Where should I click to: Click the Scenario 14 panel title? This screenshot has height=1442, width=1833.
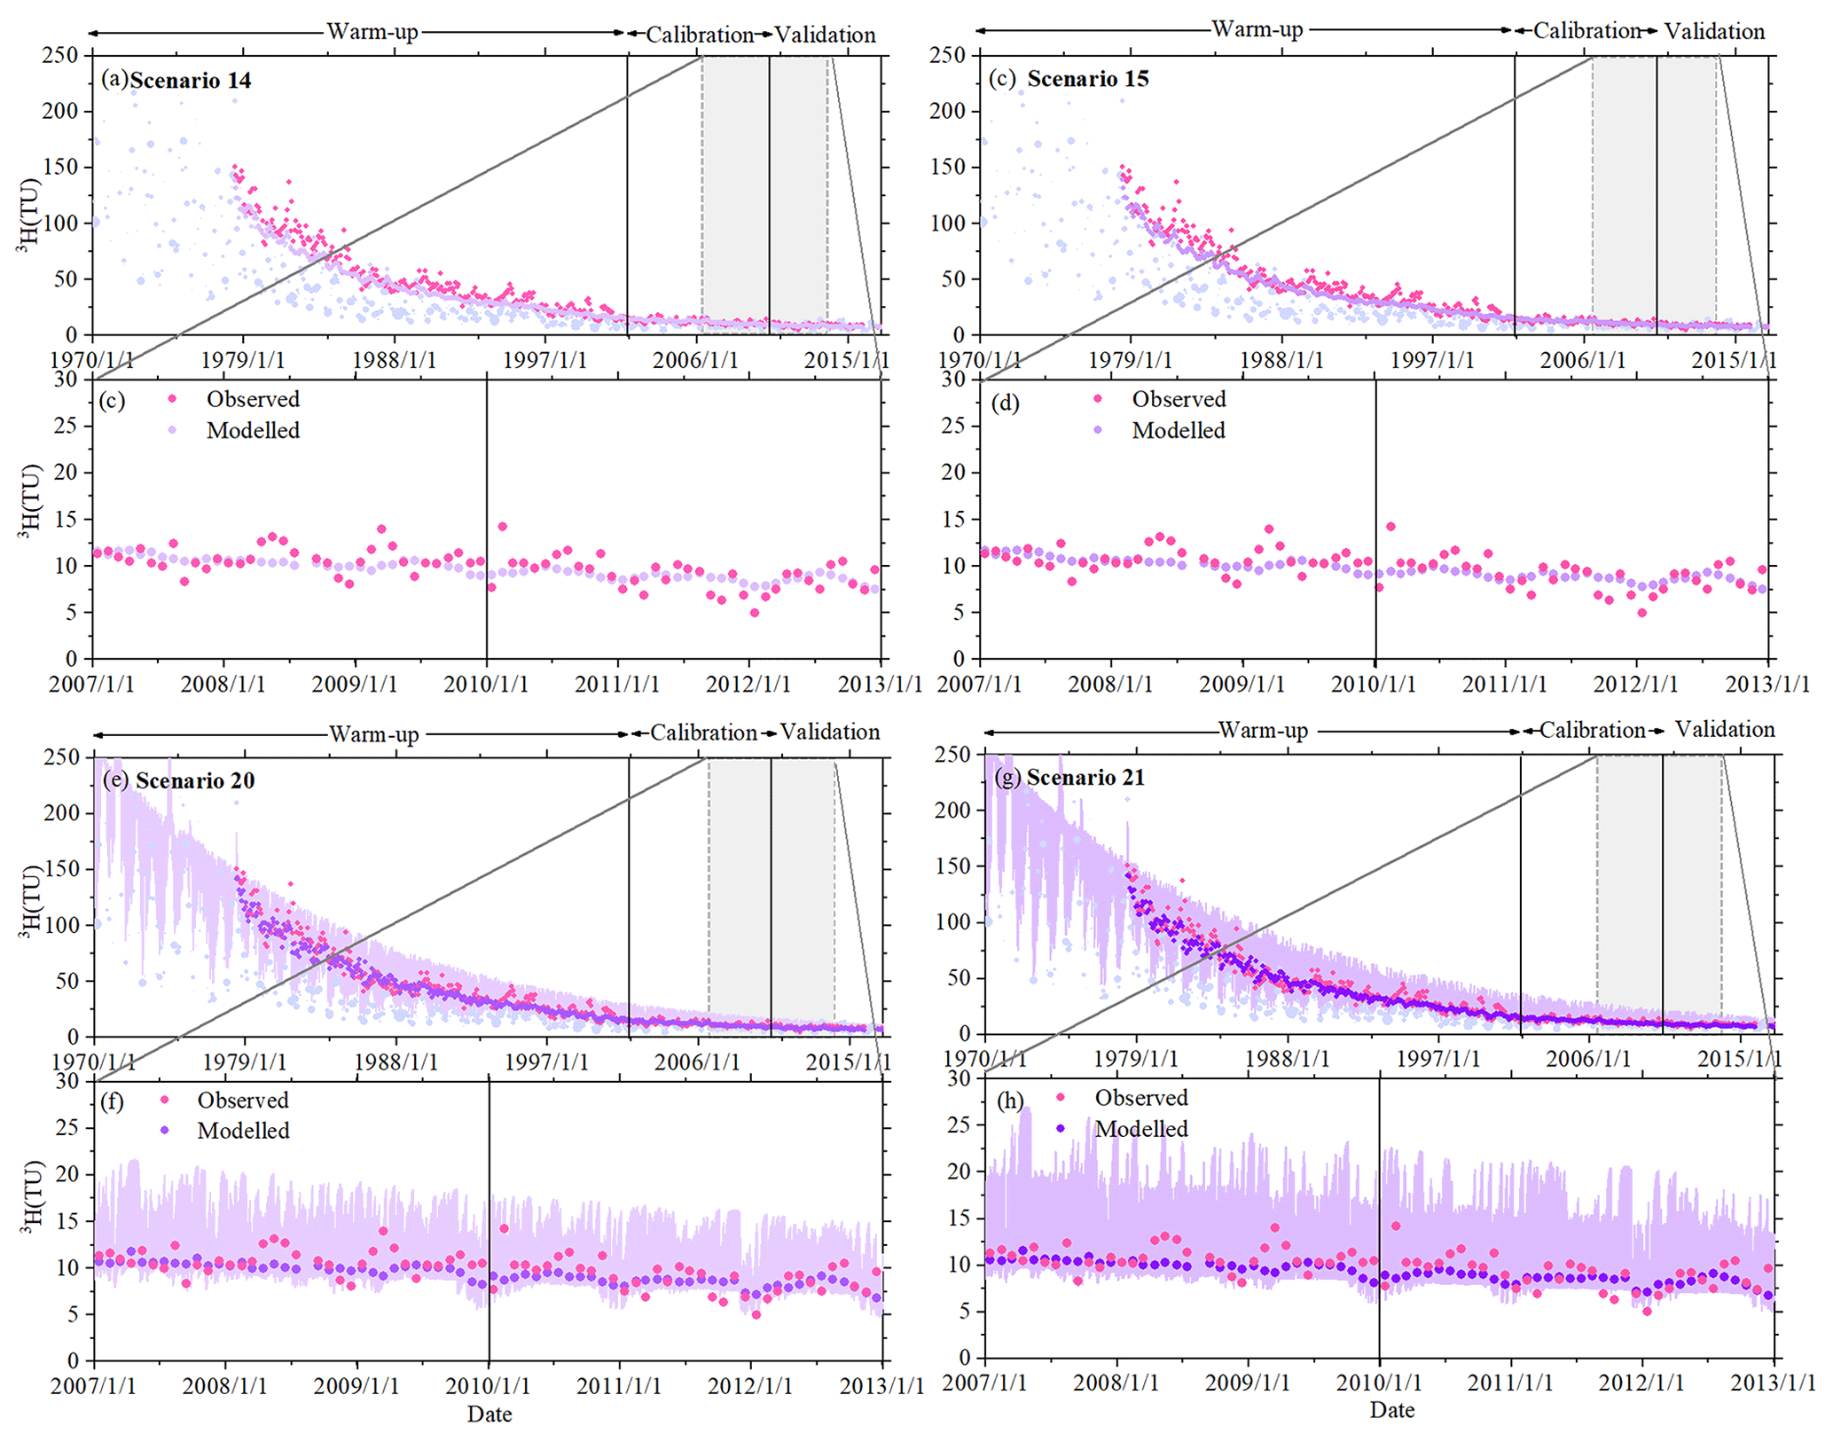(x=190, y=81)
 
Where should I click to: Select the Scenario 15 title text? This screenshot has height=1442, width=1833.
(x=1087, y=79)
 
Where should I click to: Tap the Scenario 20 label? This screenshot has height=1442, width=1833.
(x=194, y=780)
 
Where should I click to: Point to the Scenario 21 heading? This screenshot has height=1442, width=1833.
(x=1085, y=778)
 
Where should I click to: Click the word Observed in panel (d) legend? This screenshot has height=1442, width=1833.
(x=1179, y=399)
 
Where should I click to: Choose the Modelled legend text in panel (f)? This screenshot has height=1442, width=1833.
(x=243, y=1131)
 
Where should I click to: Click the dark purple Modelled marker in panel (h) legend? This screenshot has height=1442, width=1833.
(x=1061, y=1129)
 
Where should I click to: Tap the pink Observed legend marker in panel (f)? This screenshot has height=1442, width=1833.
(x=164, y=1100)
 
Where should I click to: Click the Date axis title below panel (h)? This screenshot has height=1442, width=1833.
(x=1391, y=1410)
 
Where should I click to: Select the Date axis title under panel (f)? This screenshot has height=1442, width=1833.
(x=490, y=1414)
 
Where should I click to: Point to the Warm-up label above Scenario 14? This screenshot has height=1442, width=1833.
(x=372, y=32)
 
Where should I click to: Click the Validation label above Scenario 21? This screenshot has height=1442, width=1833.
(x=1725, y=730)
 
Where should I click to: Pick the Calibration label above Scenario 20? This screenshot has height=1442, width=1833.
(x=703, y=733)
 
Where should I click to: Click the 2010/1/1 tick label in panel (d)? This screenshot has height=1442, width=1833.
(x=1373, y=685)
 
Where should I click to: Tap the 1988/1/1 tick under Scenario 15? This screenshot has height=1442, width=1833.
(x=1281, y=360)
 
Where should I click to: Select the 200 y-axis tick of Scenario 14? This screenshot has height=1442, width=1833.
(x=60, y=111)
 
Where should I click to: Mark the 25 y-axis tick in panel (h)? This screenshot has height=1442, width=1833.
(x=959, y=1124)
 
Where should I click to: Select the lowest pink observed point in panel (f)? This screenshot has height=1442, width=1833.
(x=756, y=1314)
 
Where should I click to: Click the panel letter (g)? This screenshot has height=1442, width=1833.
(x=1008, y=778)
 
